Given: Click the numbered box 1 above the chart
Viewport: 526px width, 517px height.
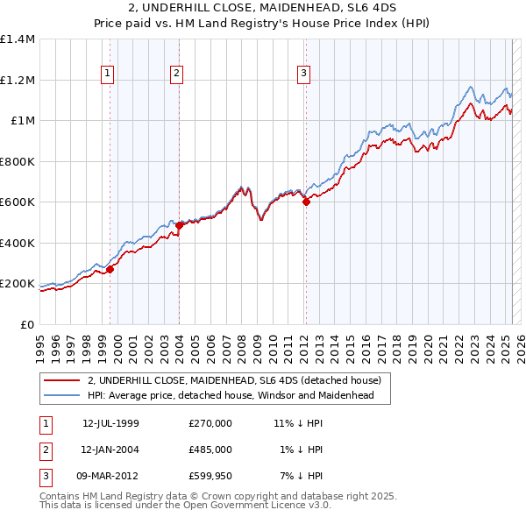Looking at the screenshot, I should (107, 74).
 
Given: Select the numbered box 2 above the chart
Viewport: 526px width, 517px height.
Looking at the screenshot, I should (176, 74).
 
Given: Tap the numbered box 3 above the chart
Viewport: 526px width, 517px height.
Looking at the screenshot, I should (303, 74).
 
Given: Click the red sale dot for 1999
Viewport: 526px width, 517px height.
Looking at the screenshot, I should (110, 270).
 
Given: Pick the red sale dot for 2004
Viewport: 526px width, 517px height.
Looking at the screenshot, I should (179, 225).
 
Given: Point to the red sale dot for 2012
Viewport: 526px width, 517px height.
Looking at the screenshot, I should (306, 202).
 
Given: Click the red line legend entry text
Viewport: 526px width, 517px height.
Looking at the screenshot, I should (234, 381).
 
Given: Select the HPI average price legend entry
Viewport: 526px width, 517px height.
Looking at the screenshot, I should (231, 396).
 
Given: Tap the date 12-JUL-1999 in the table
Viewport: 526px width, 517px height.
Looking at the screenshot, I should (110, 423).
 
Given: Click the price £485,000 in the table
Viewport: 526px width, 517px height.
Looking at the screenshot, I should (210, 450).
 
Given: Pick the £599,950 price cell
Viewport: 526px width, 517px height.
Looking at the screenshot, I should (210, 476).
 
